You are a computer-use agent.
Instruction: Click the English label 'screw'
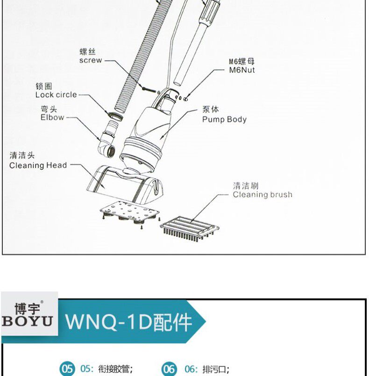[x=90, y=60]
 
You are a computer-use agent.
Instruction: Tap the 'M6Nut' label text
[x=241, y=70]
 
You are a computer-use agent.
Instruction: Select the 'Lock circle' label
[x=56, y=94]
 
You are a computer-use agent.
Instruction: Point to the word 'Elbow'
[x=52, y=117]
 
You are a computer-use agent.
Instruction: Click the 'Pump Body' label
[x=224, y=119]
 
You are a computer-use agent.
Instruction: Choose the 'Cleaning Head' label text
[x=38, y=165]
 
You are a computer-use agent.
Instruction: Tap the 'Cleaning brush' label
[x=262, y=194]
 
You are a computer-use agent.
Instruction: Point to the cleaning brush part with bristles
[x=189, y=227]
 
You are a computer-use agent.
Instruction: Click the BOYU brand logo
[x=29, y=314]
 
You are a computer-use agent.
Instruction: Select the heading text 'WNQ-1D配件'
[x=128, y=322]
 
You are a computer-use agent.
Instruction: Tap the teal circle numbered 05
[x=67, y=369]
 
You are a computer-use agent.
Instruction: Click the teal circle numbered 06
[x=169, y=369]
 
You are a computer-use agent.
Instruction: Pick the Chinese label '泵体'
[x=210, y=109]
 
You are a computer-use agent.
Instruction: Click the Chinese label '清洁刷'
[x=245, y=186]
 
